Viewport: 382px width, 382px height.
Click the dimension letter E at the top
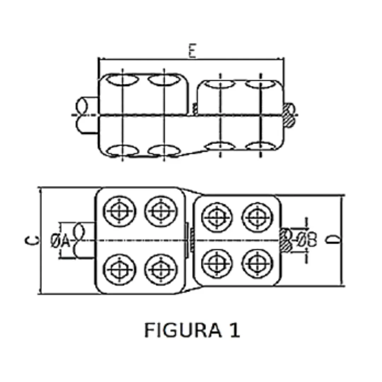(x=192, y=52)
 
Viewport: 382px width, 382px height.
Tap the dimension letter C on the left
(x=31, y=241)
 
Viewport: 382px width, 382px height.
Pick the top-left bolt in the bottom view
(x=120, y=212)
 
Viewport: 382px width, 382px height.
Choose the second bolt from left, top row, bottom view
(x=161, y=212)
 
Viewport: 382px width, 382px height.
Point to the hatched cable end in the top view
(x=288, y=115)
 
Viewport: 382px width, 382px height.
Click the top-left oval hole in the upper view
(x=122, y=80)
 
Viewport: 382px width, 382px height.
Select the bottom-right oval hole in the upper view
(x=260, y=146)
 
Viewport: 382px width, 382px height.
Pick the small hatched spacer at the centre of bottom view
(x=191, y=241)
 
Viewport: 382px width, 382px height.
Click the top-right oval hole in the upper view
(x=260, y=84)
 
